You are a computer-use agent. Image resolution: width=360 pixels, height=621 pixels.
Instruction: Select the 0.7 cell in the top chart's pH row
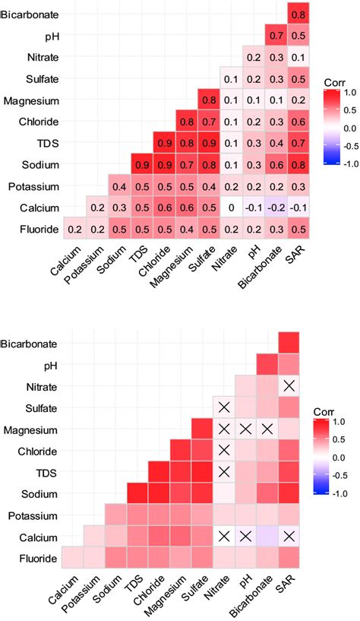267,36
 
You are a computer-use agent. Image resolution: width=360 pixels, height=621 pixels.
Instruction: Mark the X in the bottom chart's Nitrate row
289,386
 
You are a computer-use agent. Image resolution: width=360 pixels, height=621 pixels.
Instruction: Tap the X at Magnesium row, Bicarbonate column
267,429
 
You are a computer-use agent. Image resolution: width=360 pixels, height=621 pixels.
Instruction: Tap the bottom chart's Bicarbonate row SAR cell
289,343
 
